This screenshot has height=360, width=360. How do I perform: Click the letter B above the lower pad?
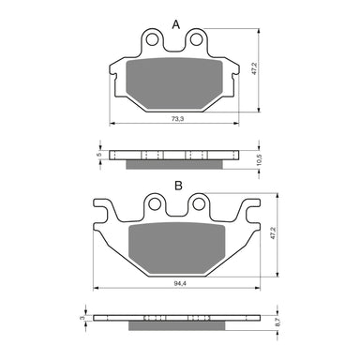[x=176, y=187]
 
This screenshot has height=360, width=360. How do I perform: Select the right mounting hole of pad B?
[x=198, y=205]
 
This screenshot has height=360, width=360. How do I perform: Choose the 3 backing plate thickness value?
[x=82, y=319]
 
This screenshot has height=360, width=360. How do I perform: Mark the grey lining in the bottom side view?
[x=176, y=327]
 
